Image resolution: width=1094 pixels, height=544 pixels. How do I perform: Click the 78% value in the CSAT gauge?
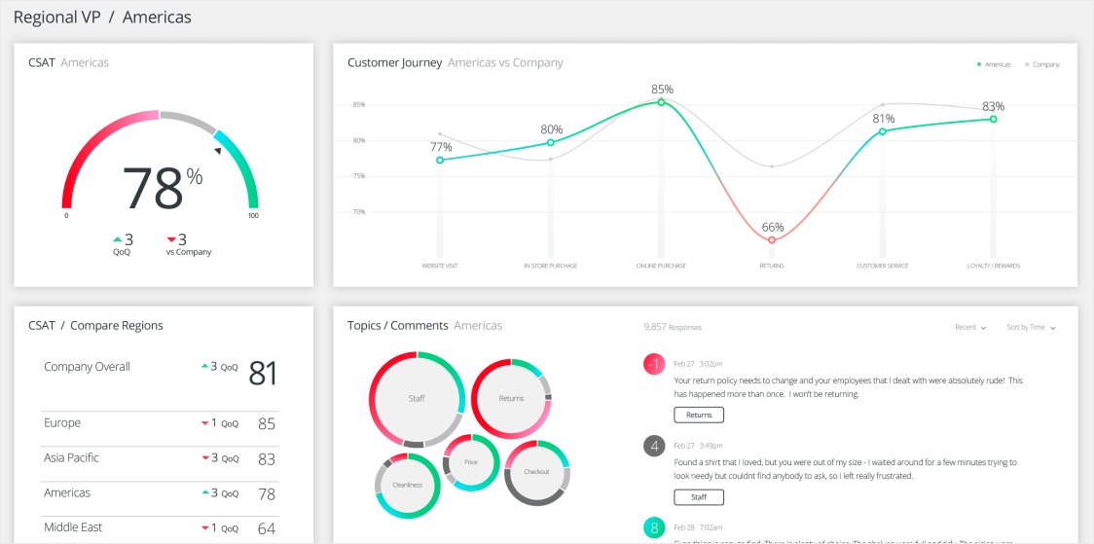coord(162,188)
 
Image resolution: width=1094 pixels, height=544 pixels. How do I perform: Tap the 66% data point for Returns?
coord(772,239)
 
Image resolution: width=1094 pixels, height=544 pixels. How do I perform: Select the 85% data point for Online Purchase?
coord(661,101)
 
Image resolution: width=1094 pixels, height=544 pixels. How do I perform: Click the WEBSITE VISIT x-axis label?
coord(440,266)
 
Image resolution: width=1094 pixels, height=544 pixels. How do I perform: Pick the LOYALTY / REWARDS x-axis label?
coord(993,266)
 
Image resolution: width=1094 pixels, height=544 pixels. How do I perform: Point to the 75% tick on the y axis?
coord(359,176)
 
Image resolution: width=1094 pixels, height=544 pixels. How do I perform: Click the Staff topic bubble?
coord(416,398)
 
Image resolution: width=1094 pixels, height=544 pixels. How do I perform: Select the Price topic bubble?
coord(471,462)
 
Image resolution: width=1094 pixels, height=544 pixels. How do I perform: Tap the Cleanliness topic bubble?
coord(408,484)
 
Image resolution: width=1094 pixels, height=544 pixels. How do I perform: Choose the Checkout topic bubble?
coord(537,472)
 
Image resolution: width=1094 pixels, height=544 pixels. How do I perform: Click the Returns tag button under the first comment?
coord(699,415)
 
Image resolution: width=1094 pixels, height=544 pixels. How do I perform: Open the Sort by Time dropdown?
coord(1032,328)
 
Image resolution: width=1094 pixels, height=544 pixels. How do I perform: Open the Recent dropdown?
coord(970,328)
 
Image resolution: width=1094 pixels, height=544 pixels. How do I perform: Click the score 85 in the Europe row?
coord(267,424)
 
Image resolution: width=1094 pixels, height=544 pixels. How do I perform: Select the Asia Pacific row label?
coord(71,457)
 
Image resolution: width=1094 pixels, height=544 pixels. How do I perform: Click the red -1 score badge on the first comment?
coord(654,364)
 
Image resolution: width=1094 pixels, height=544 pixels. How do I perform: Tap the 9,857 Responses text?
coord(673,328)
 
